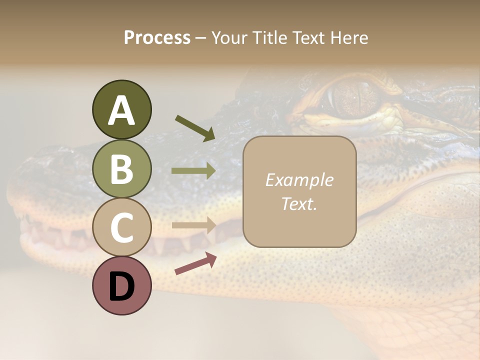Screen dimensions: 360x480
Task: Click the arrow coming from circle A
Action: (195, 128)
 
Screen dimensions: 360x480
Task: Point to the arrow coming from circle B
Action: (194, 171)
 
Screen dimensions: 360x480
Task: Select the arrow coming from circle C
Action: (194, 225)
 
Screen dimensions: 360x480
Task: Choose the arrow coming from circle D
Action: (195, 263)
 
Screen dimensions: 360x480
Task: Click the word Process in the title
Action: (157, 37)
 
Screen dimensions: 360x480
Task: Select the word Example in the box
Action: (299, 180)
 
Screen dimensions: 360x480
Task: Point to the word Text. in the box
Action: (299, 203)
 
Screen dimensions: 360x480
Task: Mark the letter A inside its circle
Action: (121, 110)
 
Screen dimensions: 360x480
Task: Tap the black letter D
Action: (121, 286)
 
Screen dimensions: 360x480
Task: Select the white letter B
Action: (121, 169)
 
